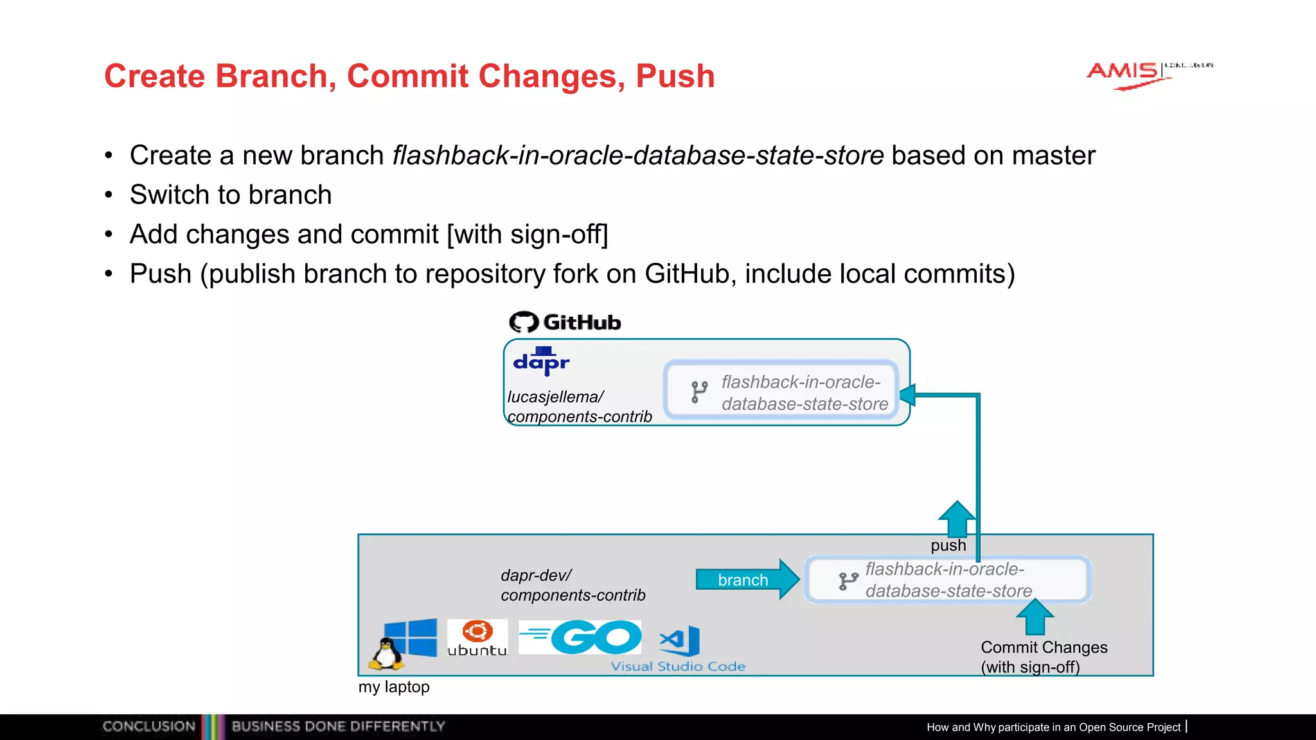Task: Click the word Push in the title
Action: [675, 76]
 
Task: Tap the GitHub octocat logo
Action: [523, 322]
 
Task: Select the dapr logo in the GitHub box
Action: [541, 362]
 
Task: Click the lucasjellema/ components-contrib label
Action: [578, 407]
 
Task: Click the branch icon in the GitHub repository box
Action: [699, 392]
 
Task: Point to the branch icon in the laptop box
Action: [848, 581]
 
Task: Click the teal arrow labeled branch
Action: [746, 579]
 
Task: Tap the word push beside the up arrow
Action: [948, 545]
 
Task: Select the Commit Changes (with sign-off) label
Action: [1043, 656]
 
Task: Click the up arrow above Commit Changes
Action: [1035, 617]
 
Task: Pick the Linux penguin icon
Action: [386, 655]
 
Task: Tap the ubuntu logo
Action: [477, 638]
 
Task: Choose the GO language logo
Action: [580, 637]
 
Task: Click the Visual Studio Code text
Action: [678, 667]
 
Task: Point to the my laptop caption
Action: [394, 687]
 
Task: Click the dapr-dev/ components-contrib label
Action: [572, 585]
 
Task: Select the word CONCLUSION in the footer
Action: [149, 727]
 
